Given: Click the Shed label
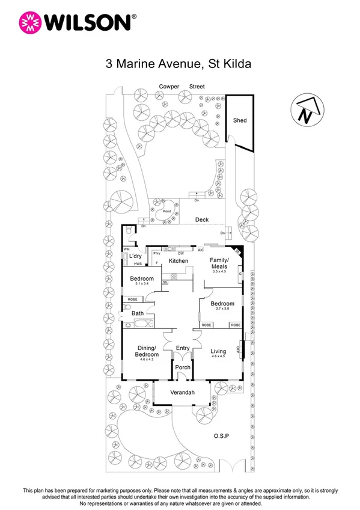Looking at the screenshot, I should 240,120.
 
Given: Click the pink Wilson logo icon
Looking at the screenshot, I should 29,23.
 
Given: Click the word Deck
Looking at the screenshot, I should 201,220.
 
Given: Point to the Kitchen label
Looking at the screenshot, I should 178,260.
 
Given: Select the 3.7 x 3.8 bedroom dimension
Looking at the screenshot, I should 222,310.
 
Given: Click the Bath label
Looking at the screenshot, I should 137,313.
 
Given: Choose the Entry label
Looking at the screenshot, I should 182,348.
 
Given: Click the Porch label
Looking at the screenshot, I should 182,367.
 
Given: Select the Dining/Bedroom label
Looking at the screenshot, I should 147,351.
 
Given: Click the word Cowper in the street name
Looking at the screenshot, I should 169,87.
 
